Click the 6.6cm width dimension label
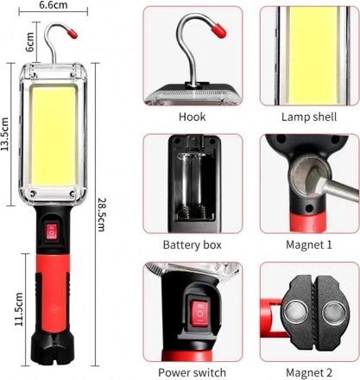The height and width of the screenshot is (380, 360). click(54, 5)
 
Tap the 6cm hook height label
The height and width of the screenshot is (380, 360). click(29, 42)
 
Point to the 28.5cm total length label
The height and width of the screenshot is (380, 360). click(101, 214)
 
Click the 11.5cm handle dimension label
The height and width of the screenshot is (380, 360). click(19, 309)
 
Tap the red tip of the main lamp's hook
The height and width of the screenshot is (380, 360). click(73, 33)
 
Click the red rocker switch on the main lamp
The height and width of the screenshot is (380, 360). click(52, 231)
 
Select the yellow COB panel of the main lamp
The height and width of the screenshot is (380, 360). click(54, 136)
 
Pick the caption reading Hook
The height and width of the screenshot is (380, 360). click(193, 117)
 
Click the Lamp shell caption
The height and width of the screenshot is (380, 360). click(309, 117)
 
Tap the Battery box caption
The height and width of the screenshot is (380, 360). click(193, 244)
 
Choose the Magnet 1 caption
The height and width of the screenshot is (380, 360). click(309, 244)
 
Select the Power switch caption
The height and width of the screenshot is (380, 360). click(193, 372)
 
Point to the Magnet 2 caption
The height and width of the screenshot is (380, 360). click(309, 372)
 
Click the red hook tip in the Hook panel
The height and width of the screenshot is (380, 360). click(218, 31)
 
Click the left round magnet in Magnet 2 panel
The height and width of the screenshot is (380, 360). click(295, 312)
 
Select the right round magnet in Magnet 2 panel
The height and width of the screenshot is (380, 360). click(333, 312)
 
